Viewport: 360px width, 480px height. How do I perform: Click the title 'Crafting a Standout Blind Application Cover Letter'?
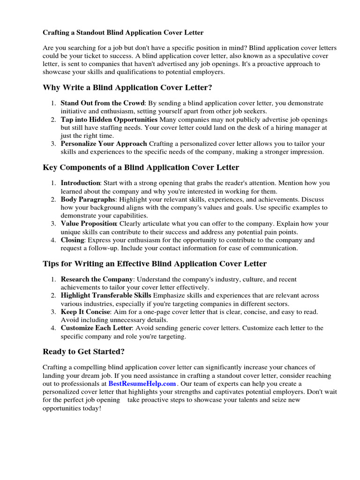123,33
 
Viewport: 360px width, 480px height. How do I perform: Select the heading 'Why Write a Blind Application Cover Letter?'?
127,88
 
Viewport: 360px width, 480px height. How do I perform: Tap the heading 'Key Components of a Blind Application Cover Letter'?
141,167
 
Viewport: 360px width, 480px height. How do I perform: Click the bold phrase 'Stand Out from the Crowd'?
103,103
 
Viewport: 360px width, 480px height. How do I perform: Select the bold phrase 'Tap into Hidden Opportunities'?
109,120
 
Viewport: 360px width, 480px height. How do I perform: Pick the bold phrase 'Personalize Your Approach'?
104,143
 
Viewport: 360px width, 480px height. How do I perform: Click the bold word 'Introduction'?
80,183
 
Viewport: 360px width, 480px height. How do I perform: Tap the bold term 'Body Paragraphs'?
88,199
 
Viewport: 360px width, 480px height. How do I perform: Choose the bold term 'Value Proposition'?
89,224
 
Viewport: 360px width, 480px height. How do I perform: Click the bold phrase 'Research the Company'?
97,279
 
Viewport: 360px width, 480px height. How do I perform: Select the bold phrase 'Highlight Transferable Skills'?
106,295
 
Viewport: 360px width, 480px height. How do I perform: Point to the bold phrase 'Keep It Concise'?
85,312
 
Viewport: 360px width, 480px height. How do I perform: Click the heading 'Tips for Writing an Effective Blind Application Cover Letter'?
155,264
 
